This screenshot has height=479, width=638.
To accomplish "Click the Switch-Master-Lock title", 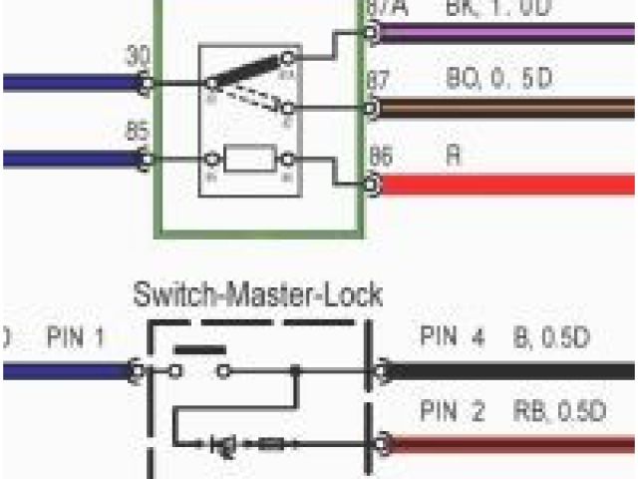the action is [257, 296].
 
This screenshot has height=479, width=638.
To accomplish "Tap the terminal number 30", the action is [139, 58].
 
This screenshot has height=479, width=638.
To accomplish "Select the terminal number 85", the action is [139, 130].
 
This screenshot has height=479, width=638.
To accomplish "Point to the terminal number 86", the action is [380, 156].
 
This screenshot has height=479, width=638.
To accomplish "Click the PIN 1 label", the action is [76, 338].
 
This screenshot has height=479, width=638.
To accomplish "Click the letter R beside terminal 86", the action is [454, 157].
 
